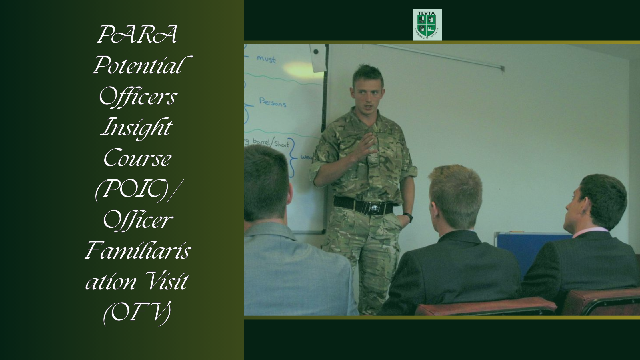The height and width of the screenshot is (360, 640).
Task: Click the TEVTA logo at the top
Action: (x=427, y=25)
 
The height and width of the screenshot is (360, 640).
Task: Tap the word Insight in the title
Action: (x=137, y=127)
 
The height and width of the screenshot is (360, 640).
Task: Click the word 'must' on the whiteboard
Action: (x=266, y=59)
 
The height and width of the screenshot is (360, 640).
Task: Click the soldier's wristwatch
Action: (x=409, y=217)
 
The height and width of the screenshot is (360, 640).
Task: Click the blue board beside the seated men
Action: (x=529, y=249)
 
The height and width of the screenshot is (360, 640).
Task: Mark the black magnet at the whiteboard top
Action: (x=316, y=52)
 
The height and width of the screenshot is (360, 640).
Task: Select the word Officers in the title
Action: (x=138, y=97)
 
